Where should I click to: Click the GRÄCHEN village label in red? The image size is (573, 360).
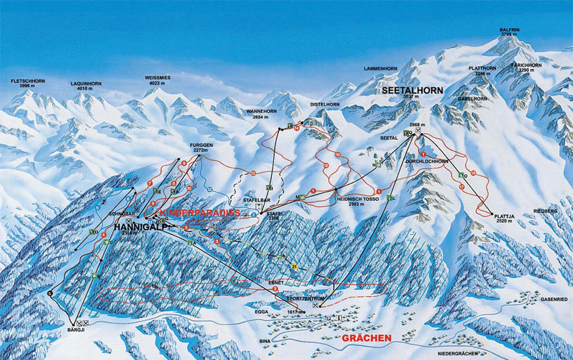tap(366, 338)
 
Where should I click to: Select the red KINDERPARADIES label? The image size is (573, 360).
tap(199, 213)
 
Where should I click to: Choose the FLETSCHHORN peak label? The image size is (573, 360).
tap(28, 81)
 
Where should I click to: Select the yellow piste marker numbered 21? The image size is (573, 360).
tap(293, 268)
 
